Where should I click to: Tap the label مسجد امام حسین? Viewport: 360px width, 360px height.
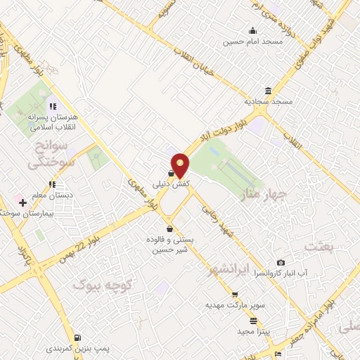(x=252, y=41)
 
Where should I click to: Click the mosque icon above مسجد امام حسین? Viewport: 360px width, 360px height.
(x=252, y=30)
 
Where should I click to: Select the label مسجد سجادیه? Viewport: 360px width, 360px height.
(x=269, y=102)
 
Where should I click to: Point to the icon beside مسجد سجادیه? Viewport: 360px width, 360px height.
(x=268, y=91)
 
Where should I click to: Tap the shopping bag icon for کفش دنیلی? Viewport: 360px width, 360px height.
(x=171, y=173)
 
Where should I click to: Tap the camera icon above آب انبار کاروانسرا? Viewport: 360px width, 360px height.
(x=281, y=262)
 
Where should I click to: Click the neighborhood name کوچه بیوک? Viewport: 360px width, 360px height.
(x=98, y=284)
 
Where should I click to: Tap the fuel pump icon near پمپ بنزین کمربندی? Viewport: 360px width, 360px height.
(x=77, y=337)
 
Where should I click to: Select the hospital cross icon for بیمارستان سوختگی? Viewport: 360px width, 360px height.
(x=23, y=202)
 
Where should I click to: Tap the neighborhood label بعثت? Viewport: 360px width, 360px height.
(x=316, y=245)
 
